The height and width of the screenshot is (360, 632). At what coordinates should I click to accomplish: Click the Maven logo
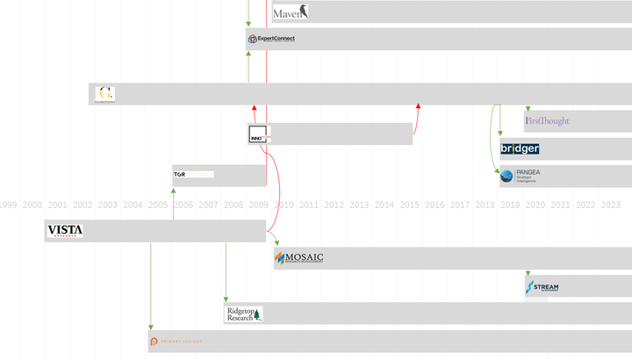[x=290, y=12]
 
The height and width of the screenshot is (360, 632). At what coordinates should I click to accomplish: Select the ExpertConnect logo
[x=271, y=39]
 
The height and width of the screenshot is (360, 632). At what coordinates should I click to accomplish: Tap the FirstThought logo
[x=547, y=120]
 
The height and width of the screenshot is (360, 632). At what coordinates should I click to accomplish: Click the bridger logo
[x=520, y=149]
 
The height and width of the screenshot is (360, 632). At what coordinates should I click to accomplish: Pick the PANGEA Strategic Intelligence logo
[x=521, y=176]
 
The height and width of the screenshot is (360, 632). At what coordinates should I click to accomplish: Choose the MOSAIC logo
[x=299, y=258]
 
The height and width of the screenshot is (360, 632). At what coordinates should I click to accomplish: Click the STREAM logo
[x=542, y=286]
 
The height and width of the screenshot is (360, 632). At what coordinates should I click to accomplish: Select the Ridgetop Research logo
[x=244, y=313]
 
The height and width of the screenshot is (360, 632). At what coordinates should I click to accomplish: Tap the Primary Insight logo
[x=176, y=341]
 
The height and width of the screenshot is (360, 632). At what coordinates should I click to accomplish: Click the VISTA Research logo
[x=65, y=231]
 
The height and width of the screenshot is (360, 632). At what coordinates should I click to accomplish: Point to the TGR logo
[x=180, y=175]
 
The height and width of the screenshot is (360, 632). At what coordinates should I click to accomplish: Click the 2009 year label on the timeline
[x=258, y=205]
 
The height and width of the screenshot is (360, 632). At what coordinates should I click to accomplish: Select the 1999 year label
[x=7, y=205]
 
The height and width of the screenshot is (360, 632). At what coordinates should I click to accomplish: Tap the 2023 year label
[x=610, y=205]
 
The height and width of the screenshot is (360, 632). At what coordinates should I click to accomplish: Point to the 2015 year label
[x=409, y=205]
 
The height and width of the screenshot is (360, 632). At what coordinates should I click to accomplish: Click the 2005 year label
[x=158, y=205]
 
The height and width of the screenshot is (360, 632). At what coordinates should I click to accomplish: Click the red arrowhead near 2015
[x=418, y=107]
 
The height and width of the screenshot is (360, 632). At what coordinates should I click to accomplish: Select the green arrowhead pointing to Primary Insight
[x=151, y=327]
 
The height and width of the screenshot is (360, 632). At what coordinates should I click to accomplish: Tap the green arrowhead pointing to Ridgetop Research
[x=226, y=299]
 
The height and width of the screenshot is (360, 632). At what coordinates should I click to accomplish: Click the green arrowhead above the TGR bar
[x=174, y=167]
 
